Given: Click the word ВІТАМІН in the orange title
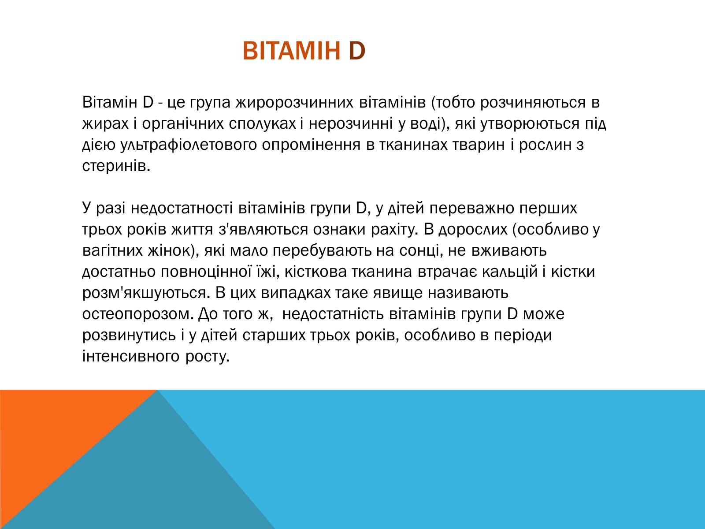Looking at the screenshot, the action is (291, 51).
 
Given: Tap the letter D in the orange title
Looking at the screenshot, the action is (357, 51).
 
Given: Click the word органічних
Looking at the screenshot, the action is (183, 124).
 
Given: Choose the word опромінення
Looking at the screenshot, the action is (311, 145).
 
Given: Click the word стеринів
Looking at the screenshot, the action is (116, 166).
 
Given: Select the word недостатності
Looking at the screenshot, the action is (182, 208).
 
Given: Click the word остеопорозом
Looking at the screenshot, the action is (138, 314).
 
